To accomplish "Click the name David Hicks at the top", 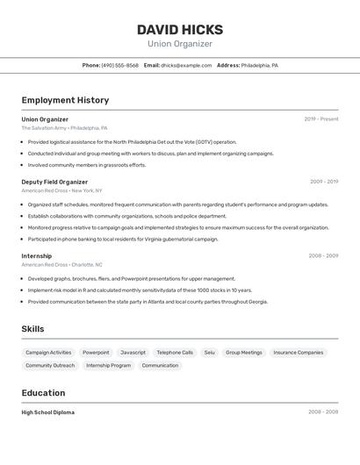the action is (x=180, y=30).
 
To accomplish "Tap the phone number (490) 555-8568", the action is (x=119, y=65).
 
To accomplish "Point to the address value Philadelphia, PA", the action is (x=260, y=65).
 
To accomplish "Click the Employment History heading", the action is (x=65, y=101).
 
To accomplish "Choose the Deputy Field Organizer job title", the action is (x=54, y=182).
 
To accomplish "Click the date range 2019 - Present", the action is (x=321, y=119).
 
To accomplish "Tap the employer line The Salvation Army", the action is (x=44, y=128).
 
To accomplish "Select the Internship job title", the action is (x=37, y=256).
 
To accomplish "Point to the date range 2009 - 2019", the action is (x=323, y=182).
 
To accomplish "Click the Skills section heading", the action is (x=33, y=329).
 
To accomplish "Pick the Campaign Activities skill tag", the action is (x=48, y=353).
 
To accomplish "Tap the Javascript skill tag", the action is (x=133, y=353).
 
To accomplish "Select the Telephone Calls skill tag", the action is (x=175, y=353).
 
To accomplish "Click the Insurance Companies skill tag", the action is (x=298, y=353).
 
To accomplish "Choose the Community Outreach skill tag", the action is (x=50, y=365).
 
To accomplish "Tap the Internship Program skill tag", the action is (x=108, y=365).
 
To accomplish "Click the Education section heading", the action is (x=43, y=393).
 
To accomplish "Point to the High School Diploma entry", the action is (x=48, y=412).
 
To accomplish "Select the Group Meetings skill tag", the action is (x=244, y=353).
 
